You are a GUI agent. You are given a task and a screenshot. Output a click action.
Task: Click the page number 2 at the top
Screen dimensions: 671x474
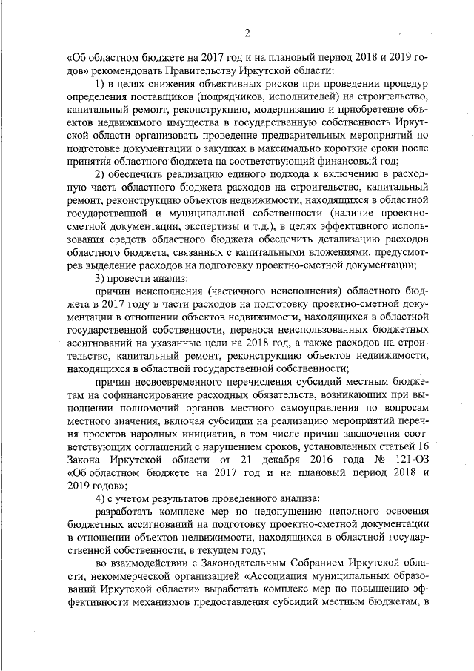[x=247, y=33]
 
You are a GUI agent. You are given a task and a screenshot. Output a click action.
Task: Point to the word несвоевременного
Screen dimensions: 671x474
[x=176, y=383]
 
